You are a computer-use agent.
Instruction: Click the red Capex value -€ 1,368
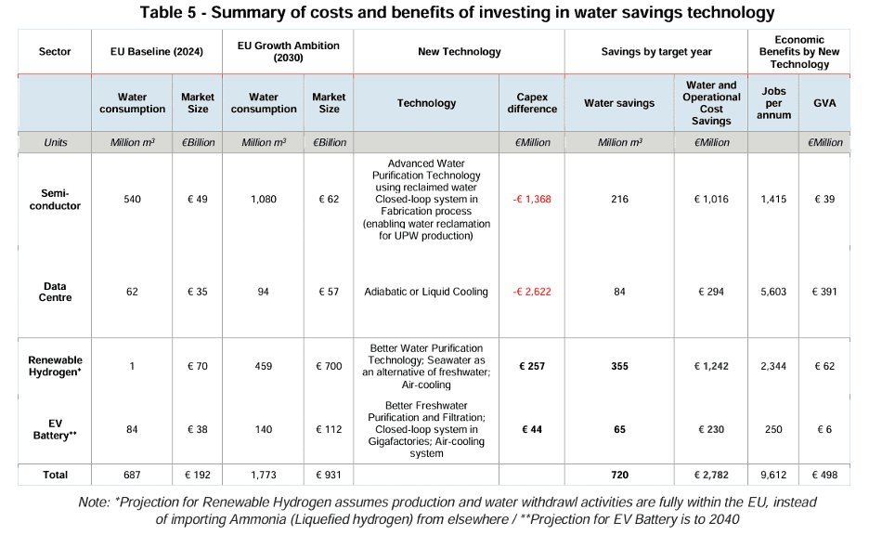[532, 198]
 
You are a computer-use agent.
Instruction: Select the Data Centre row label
[55, 292]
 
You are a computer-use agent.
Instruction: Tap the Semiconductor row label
[55, 198]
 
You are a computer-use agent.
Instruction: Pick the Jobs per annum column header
[773, 103]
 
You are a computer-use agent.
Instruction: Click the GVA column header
[824, 103]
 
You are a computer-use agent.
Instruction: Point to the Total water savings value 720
[619, 475]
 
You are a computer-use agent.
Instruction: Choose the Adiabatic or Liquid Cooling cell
[427, 292]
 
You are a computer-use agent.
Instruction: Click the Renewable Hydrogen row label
[55, 366]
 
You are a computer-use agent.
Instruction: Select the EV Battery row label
[55, 429]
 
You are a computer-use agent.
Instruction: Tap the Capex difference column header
[532, 103]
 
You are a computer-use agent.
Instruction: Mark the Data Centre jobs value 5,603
[773, 292]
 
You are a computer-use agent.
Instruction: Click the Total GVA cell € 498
[824, 475]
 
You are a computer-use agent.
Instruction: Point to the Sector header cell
[55, 52]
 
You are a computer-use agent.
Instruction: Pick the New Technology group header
[459, 52]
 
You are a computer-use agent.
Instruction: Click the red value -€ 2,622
[532, 292]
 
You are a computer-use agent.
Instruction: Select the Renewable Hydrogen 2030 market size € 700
[329, 366]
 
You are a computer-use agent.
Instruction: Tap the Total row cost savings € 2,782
[711, 475]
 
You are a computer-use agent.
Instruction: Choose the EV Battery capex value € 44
[532, 429]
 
